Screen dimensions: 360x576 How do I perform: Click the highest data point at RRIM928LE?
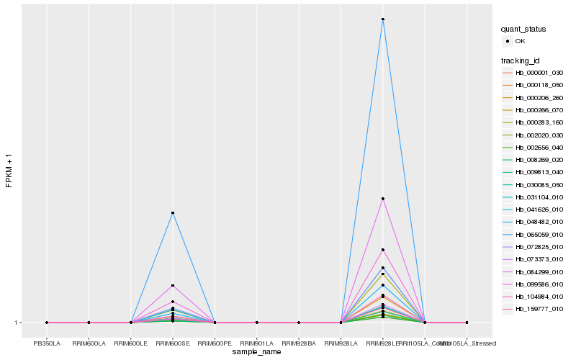(383, 19)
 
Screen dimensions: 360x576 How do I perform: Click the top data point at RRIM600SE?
(173, 213)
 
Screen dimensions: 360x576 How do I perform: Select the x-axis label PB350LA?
(47, 333)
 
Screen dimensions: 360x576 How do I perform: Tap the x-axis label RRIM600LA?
(89, 333)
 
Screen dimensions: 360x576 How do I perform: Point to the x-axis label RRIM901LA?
(257, 333)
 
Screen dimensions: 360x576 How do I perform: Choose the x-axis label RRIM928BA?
(299, 333)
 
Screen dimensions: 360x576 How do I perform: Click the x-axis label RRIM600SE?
(173, 333)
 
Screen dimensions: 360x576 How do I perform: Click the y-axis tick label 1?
(16, 323)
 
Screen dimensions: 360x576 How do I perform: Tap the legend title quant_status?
(523, 29)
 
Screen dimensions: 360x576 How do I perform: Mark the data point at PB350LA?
(47, 323)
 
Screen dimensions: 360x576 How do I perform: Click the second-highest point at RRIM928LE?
(383, 199)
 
